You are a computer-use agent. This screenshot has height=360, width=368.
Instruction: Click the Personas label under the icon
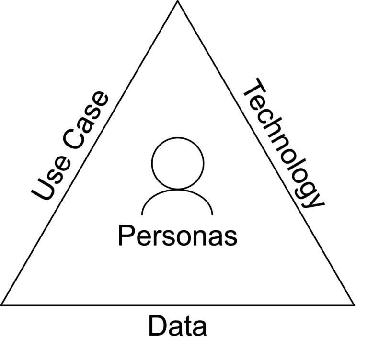coord(177,236)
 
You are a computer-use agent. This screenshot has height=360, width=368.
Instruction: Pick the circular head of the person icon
coord(177,162)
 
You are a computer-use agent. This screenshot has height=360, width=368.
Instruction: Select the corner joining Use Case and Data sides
coord(2,304)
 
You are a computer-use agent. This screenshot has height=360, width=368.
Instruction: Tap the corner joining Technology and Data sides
coord(354,304)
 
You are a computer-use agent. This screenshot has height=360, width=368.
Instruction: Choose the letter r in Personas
coord(157,237)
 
